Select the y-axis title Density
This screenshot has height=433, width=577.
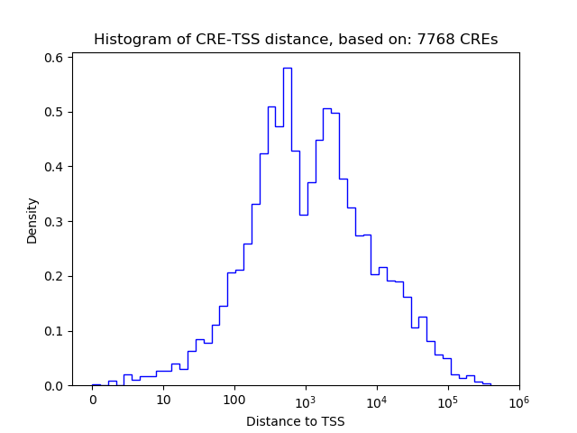pyautogui.click(x=32, y=221)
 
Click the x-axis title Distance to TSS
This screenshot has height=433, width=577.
pyautogui.click(x=296, y=421)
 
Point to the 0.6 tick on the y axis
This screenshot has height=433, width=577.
pyautogui.click(x=54, y=58)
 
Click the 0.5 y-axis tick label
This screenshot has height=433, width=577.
pyautogui.click(x=54, y=112)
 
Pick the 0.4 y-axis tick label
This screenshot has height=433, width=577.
pyautogui.click(x=54, y=167)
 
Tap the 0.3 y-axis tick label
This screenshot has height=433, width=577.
pyautogui.click(x=54, y=222)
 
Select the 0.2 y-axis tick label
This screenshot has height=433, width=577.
pyautogui.click(x=54, y=276)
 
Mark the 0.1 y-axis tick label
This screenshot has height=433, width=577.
pyautogui.click(x=54, y=331)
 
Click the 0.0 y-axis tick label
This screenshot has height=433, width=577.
pyautogui.click(x=54, y=386)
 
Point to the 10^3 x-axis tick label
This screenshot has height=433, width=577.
pyautogui.click(x=306, y=400)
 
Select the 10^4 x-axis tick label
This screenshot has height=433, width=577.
pyautogui.click(x=377, y=400)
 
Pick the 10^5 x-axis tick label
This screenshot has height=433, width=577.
pyautogui.click(x=448, y=400)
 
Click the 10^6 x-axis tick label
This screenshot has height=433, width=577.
pyautogui.click(x=518, y=400)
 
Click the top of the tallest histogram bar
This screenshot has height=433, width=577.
pyautogui.click(x=287, y=68)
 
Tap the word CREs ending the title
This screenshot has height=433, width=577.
pyautogui.click(x=481, y=40)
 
